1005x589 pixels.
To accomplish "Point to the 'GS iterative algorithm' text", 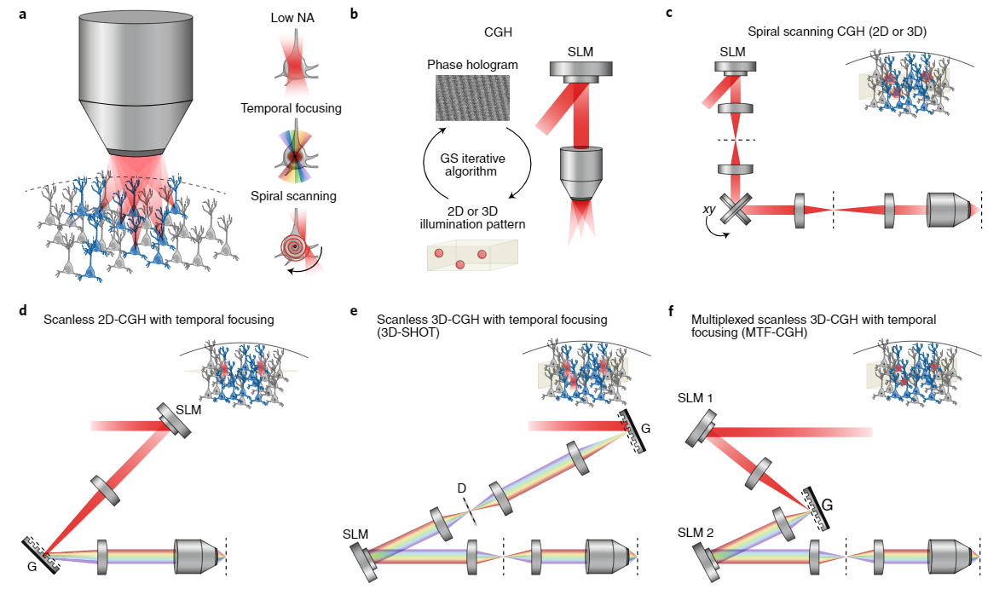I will point(473,164).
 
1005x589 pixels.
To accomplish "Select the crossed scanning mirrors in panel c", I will point(734,208).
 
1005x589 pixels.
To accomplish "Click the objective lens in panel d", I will point(198,557).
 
